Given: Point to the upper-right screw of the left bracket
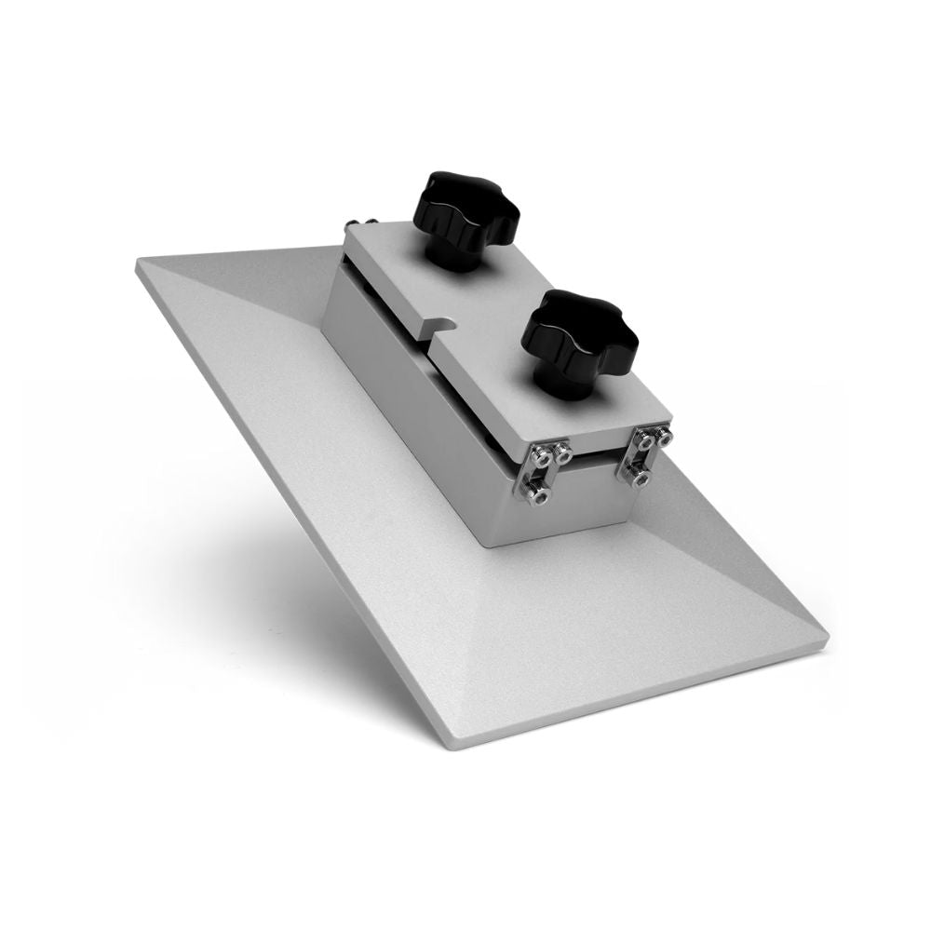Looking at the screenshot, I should pyautogui.click(x=563, y=452).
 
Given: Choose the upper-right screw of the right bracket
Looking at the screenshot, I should pyautogui.click(x=662, y=434).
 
